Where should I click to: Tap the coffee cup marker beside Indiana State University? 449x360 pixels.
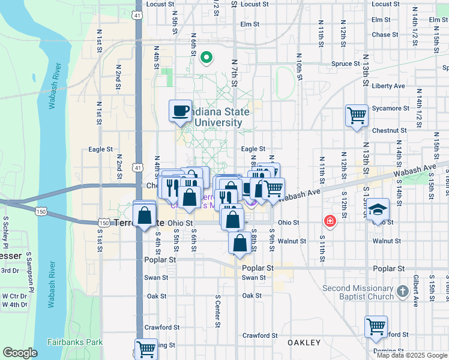tap(180, 111)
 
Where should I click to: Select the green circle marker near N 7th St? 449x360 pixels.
tap(206, 58)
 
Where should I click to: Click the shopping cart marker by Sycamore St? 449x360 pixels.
tap(357, 115)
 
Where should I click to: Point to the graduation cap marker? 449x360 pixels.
tap(378, 209)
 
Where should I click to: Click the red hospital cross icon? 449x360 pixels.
tap(330, 221)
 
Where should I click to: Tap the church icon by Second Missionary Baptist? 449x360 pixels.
tap(403, 292)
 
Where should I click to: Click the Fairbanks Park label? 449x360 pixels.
tap(75, 342)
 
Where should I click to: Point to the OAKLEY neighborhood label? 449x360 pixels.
tap(304, 343)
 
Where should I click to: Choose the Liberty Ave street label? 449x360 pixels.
tap(388, 86)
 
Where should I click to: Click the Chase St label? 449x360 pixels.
tap(381, 35)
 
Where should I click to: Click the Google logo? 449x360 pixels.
tap(20, 353)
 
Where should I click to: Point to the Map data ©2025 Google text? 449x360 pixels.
tap(411, 355)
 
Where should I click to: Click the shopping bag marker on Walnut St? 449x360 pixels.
tap(240, 244)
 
